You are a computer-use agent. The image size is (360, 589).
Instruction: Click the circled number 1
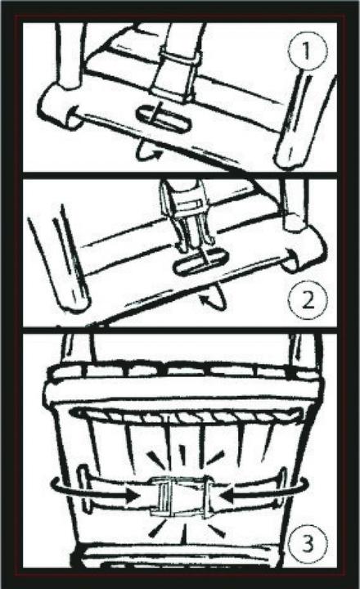tap(308, 51)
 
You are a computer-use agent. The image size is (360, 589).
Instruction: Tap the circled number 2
tap(308, 300)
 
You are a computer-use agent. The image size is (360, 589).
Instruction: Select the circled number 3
tap(308, 543)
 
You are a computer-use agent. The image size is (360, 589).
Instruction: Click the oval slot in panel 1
tap(164, 118)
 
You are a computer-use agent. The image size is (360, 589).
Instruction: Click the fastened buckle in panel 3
tap(181, 497)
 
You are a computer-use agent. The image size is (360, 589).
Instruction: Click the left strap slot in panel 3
tap(83, 488)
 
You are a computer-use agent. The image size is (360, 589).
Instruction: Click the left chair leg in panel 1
tap(68, 56)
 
